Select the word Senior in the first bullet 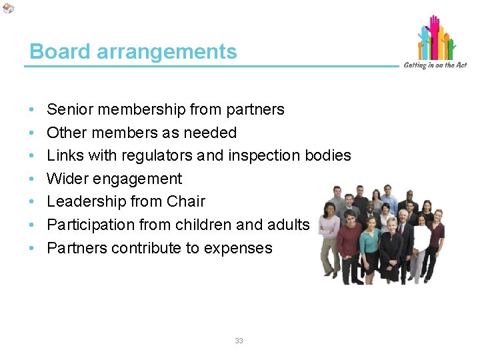click(x=71, y=109)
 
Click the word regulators click(x=159, y=155)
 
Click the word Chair click(x=186, y=201)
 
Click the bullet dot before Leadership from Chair click(x=32, y=202)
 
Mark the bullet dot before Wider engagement click(x=32, y=179)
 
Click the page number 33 click(x=239, y=341)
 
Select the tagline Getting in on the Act click(x=435, y=65)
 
